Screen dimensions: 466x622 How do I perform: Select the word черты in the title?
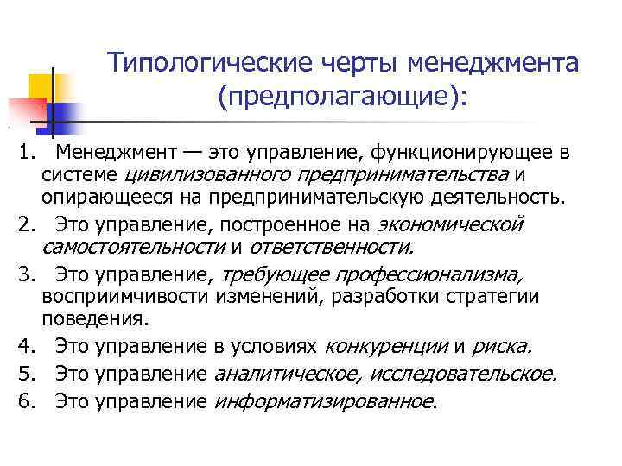point(350,63)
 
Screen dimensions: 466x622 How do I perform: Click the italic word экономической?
point(451,224)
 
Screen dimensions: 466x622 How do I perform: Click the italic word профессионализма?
point(372,275)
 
